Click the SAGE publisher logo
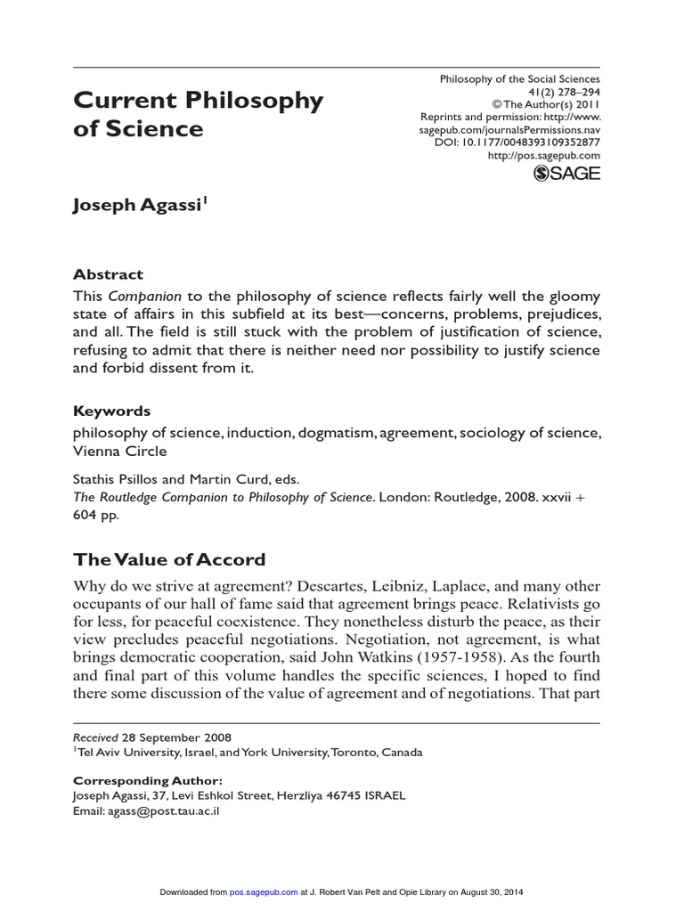pyautogui.click(x=566, y=174)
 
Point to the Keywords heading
pyautogui.click(x=111, y=411)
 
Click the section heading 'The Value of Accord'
pyautogui.click(x=169, y=560)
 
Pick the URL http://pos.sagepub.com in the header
pyautogui.click(x=544, y=155)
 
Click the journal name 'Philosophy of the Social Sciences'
pyautogui.click(x=520, y=79)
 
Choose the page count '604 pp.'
pyautogui.click(x=96, y=515)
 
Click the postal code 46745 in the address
pyautogui.click(x=342, y=795)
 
